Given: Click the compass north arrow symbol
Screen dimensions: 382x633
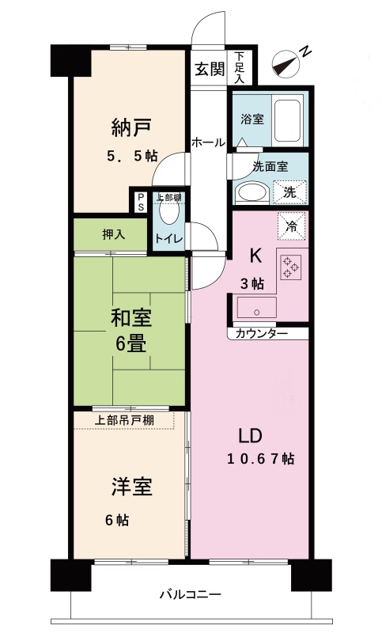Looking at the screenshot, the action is coord(286,63).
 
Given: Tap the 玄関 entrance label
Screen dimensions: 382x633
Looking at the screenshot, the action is coord(210,69).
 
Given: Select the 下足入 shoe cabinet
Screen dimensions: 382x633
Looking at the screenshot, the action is coord(240,67).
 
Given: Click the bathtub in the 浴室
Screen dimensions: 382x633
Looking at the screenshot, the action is coord(287,120).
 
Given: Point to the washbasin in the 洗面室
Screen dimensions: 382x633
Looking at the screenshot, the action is coord(251,193).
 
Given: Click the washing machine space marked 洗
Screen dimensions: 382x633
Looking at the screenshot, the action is coord(289,192).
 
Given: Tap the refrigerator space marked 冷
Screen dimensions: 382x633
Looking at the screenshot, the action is coord(291,227).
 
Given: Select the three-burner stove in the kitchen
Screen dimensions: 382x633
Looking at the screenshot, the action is coord(290,267).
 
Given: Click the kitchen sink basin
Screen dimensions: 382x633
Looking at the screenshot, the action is coord(256,308).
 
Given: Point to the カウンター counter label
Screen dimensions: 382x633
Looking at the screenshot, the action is coord(261,334).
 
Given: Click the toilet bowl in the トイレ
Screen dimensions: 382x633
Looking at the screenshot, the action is coord(168,211).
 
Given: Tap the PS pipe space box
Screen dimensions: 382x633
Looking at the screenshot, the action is coord(140,201).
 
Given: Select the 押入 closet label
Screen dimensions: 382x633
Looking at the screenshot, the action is coord(113,234).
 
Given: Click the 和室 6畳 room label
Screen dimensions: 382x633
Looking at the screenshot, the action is coord(131,332).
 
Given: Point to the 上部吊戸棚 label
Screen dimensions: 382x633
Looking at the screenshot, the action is coord(124,420).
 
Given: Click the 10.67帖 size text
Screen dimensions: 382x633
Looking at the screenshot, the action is coord(260,459).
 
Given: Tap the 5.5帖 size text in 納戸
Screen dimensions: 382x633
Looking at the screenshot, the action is coord(132,156).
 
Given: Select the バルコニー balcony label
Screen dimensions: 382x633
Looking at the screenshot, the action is coord(191,594).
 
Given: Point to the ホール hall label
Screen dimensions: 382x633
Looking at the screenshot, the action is coord(208,142).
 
